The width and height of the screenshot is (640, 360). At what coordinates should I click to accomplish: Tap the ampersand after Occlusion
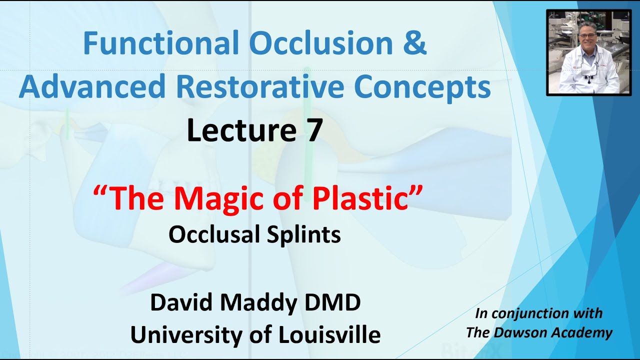414,43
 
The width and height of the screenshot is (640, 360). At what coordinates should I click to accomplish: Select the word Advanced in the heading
92,86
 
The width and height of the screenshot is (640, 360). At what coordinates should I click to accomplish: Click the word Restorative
260,86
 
